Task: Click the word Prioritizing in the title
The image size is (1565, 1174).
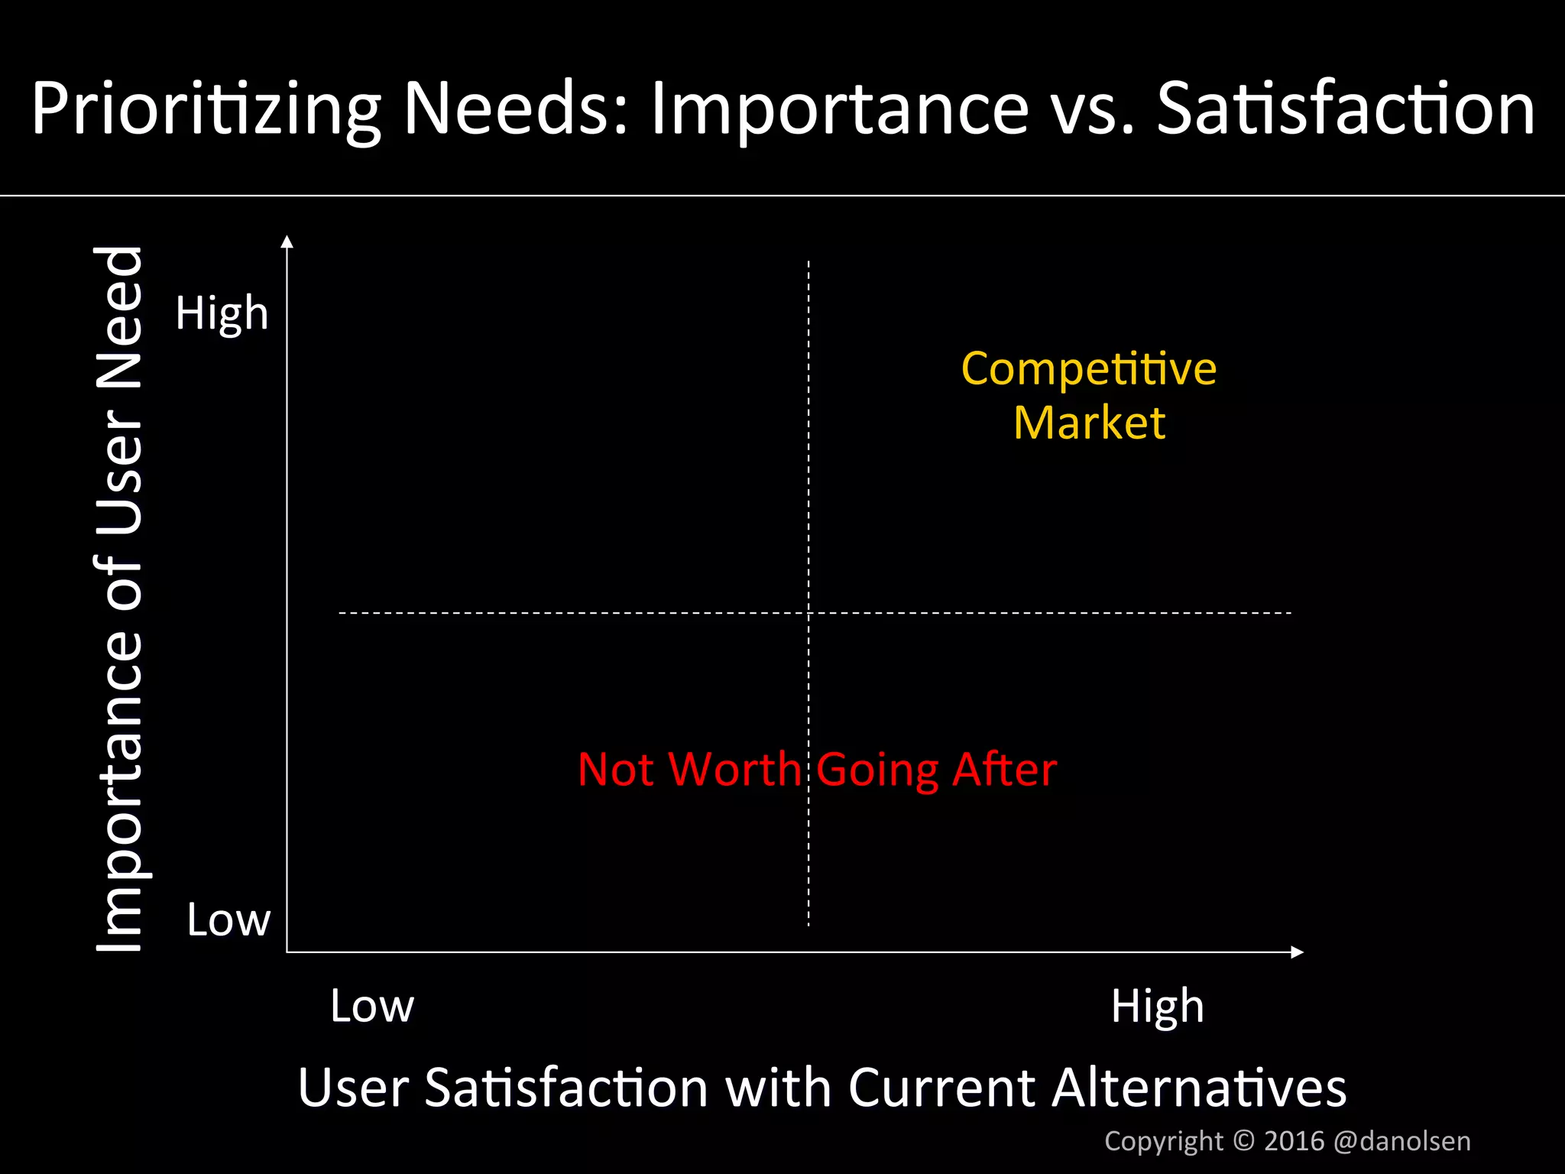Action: click(205, 109)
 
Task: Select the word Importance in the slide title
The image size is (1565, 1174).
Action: click(839, 109)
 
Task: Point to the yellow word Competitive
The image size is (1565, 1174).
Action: click(1088, 369)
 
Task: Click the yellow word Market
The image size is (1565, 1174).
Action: click(1089, 423)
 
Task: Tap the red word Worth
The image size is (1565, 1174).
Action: click(734, 769)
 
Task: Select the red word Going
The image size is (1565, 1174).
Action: click(877, 770)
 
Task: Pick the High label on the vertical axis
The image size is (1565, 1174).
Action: click(222, 313)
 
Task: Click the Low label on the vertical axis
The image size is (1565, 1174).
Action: click(228, 919)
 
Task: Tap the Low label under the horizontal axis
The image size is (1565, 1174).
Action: click(372, 1006)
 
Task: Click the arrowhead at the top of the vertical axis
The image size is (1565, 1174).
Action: click(287, 242)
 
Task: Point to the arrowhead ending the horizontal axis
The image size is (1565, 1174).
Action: click(1297, 952)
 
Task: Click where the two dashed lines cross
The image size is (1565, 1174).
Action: click(808, 613)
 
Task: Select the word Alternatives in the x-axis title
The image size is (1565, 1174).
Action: click(1198, 1088)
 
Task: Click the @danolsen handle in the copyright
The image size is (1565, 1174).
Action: click(1401, 1141)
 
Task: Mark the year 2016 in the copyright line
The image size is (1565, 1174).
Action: click(1294, 1141)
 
